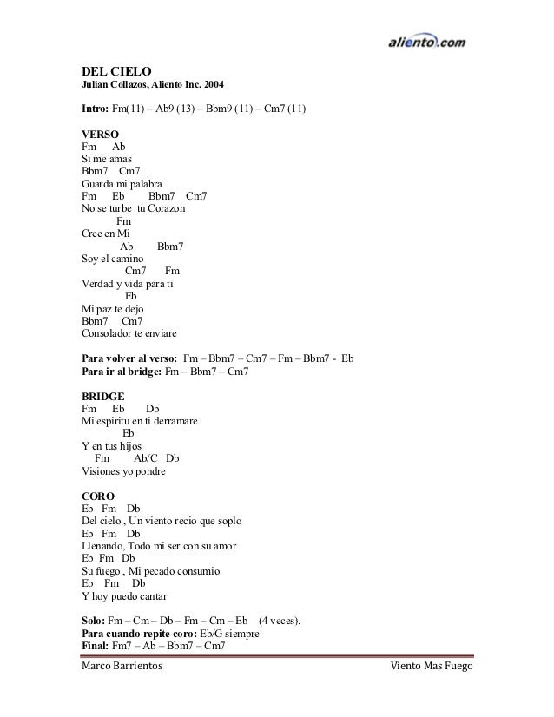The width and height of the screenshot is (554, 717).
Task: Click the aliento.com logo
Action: pyautogui.click(x=428, y=40)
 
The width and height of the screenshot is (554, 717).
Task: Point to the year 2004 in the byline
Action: pyautogui.click(x=211, y=85)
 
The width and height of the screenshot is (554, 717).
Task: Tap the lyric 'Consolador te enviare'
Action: pyautogui.click(x=128, y=333)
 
